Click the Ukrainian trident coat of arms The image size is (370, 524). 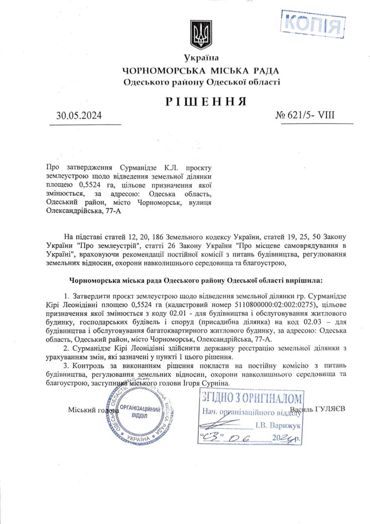201,35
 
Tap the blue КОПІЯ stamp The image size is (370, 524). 312,24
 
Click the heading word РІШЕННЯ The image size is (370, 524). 206,102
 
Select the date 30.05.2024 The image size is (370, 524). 79,115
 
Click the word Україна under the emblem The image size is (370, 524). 201,58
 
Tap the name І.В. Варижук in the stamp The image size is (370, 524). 278,426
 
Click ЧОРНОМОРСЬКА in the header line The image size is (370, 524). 164,71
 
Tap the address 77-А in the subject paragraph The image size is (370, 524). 113,211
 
